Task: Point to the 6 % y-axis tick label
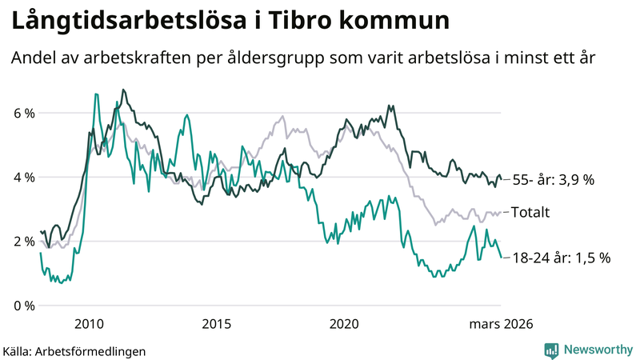click(24, 113)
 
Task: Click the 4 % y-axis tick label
click(24, 177)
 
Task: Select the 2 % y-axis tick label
click(24, 241)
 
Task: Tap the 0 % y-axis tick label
click(24, 305)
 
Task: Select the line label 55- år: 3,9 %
click(554, 180)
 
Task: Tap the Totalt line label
click(532, 212)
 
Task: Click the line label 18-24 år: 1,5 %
click(561, 258)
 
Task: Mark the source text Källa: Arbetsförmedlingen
click(74, 350)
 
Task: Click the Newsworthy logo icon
click(551, 350)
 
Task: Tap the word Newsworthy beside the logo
click(597, 350)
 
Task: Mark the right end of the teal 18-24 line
click(501, 257)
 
